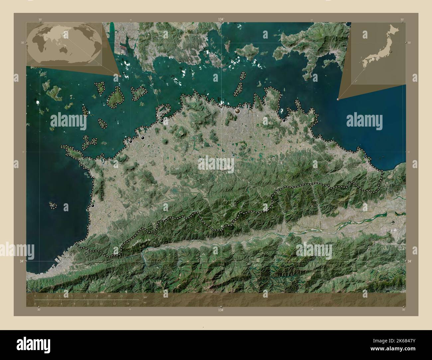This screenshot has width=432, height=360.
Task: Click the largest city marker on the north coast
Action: [237, 111]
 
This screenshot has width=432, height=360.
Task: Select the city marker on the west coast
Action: [93, 206]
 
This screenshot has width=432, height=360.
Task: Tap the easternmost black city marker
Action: [284, 121]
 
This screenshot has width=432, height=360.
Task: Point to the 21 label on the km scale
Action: [122, 296]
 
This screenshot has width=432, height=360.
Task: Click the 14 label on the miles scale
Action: [127, 304]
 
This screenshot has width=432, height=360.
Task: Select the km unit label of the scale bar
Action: [145, 296]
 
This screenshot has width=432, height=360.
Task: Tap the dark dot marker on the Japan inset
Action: [392, 52]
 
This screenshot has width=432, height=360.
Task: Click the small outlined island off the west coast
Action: [53, 206]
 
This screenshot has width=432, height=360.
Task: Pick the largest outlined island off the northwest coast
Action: [115, 98]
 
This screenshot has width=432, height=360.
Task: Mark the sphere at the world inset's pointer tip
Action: [120, 76]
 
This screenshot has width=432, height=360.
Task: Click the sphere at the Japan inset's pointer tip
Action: [338, 99]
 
